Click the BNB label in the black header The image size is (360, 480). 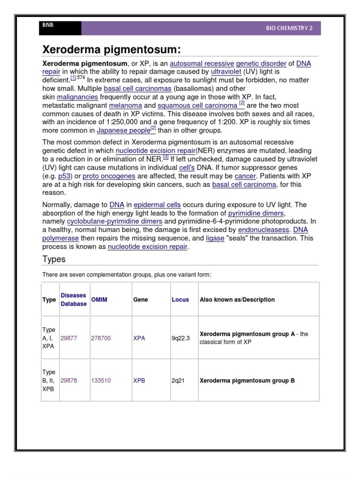[48, 25]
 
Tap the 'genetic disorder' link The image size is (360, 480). [261, 63]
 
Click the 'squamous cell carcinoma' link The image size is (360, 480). [197, 105]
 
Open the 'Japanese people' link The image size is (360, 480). [123, 131]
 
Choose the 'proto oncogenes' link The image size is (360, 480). [109, 176]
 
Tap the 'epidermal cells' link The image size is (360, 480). [157, 205]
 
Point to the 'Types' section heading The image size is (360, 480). [54, 259]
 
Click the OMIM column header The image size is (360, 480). [99, 300]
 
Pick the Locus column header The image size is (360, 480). [180, 300]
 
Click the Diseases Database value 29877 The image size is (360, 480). [69, 338]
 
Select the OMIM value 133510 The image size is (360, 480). [101, 381]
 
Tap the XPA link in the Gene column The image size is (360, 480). [139, 338]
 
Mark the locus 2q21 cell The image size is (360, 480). [178, 381]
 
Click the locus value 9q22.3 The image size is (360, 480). [181, 338]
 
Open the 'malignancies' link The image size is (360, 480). [77, 97]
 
